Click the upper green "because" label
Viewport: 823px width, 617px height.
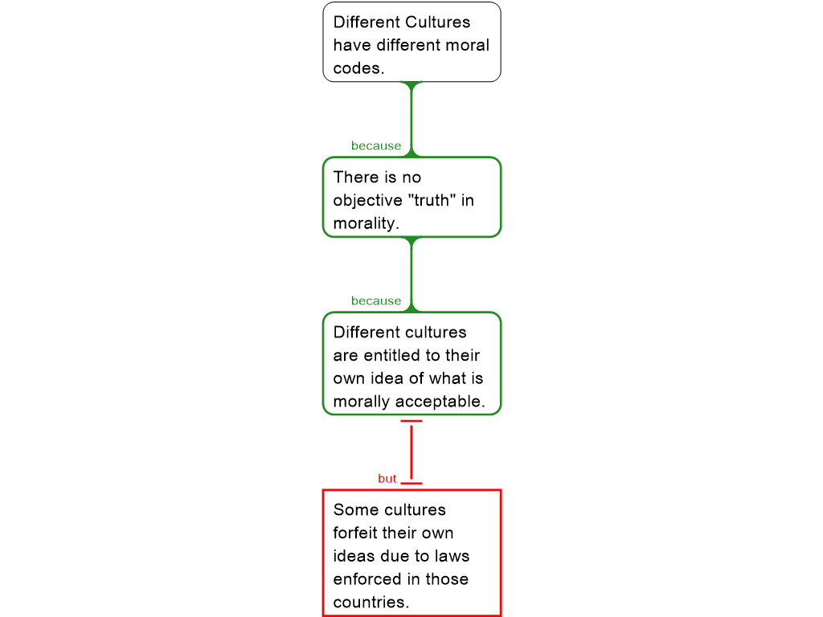(x=376, y=146)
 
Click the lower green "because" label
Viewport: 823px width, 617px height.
(x=376, y=301)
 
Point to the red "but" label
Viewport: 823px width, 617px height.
(x=387, y=479)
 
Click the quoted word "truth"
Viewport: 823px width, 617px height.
(x=432, y=200)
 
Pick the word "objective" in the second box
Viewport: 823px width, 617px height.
(x=367, y=201)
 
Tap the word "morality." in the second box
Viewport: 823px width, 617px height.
(x=366, y=223)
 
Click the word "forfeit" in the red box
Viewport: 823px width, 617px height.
(x=354, y=533)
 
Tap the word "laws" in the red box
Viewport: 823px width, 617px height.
(x=452, y=556)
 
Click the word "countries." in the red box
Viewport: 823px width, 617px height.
(x=371, y=603)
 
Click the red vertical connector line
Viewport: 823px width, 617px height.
(x=411, y=452)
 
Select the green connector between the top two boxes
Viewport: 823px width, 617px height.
(x=411, y=119)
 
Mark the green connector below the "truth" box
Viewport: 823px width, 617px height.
(x=411, y=275)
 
